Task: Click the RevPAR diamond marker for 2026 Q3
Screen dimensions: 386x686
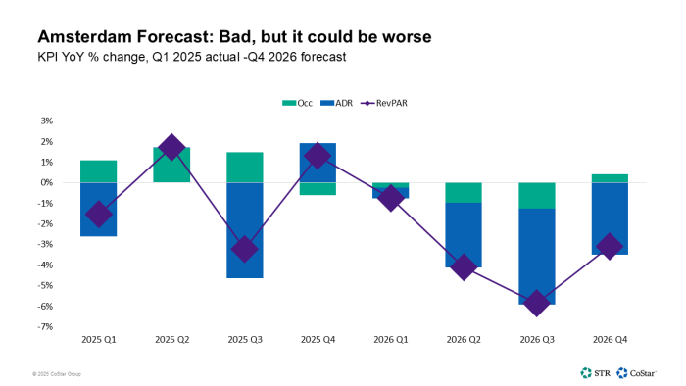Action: click(535, 303)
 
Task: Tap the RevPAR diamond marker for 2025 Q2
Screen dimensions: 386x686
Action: click(171, 148)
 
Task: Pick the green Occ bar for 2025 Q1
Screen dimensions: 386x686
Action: click(99, 171)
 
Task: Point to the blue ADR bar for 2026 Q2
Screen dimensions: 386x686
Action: click(463, 235)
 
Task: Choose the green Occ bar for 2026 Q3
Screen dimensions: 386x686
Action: click(535, 195)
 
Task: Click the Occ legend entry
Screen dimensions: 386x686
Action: click(293, 102)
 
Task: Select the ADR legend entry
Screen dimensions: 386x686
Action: click(337, 102)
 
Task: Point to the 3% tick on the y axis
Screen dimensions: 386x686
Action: click(46, 121)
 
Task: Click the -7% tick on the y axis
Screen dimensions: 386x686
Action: click(45, 327)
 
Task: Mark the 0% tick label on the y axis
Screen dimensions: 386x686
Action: click(46, 183)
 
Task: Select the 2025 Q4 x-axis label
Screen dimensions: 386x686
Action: click(317, 339)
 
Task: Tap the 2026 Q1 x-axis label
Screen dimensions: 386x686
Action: click(390, 339)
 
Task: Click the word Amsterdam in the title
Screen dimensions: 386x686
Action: click(68, 38)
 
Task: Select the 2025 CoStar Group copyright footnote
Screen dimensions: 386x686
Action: click(60, 373)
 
